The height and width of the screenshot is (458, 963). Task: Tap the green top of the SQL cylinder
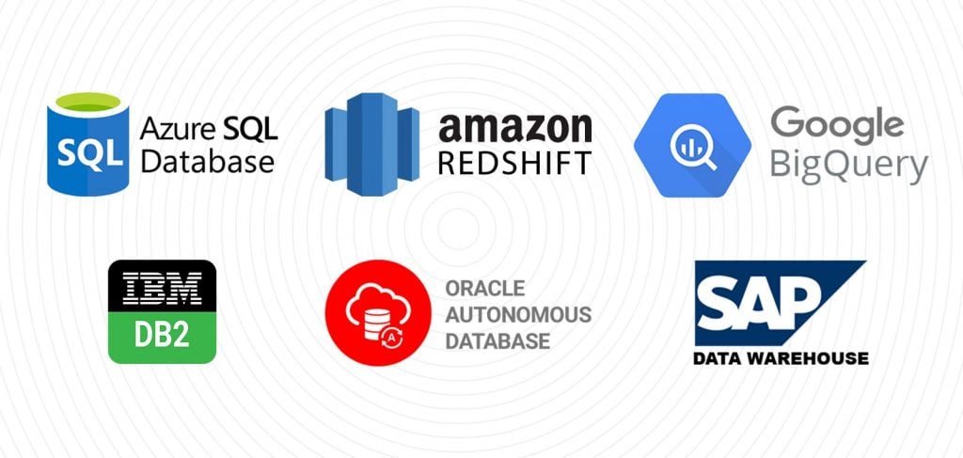(87, 103)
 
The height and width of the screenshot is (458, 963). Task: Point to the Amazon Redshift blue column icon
(372, 144)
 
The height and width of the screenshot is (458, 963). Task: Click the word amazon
(514, 128)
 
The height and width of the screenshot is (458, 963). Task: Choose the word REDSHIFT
(514, 164)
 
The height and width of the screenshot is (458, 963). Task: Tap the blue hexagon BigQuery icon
(692, 145)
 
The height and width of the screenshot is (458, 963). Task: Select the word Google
(837, 125)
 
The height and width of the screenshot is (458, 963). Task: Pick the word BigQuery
(849, 166)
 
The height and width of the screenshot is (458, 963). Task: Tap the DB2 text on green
(162, 337)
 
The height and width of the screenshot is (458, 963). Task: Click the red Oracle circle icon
(378, 313)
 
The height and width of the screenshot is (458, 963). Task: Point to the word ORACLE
(485, 288)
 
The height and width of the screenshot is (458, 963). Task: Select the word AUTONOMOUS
(518, 314)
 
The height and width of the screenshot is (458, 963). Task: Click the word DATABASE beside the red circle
(497, 340)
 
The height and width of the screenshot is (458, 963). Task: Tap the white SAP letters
(758, 302)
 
